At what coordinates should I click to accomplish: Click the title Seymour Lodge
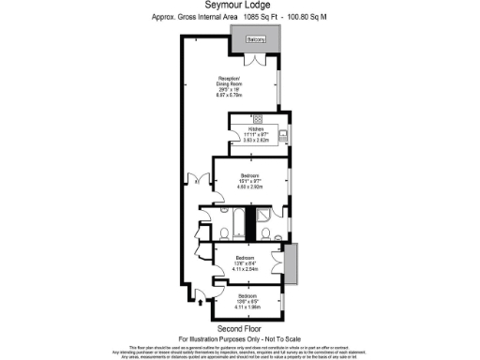click(x=239, y=6)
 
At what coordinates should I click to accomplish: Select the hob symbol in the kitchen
click(x=258, y=120)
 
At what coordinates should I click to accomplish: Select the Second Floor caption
click(x=237, y=329)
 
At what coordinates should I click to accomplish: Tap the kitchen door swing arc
click(x=236, y=141)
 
